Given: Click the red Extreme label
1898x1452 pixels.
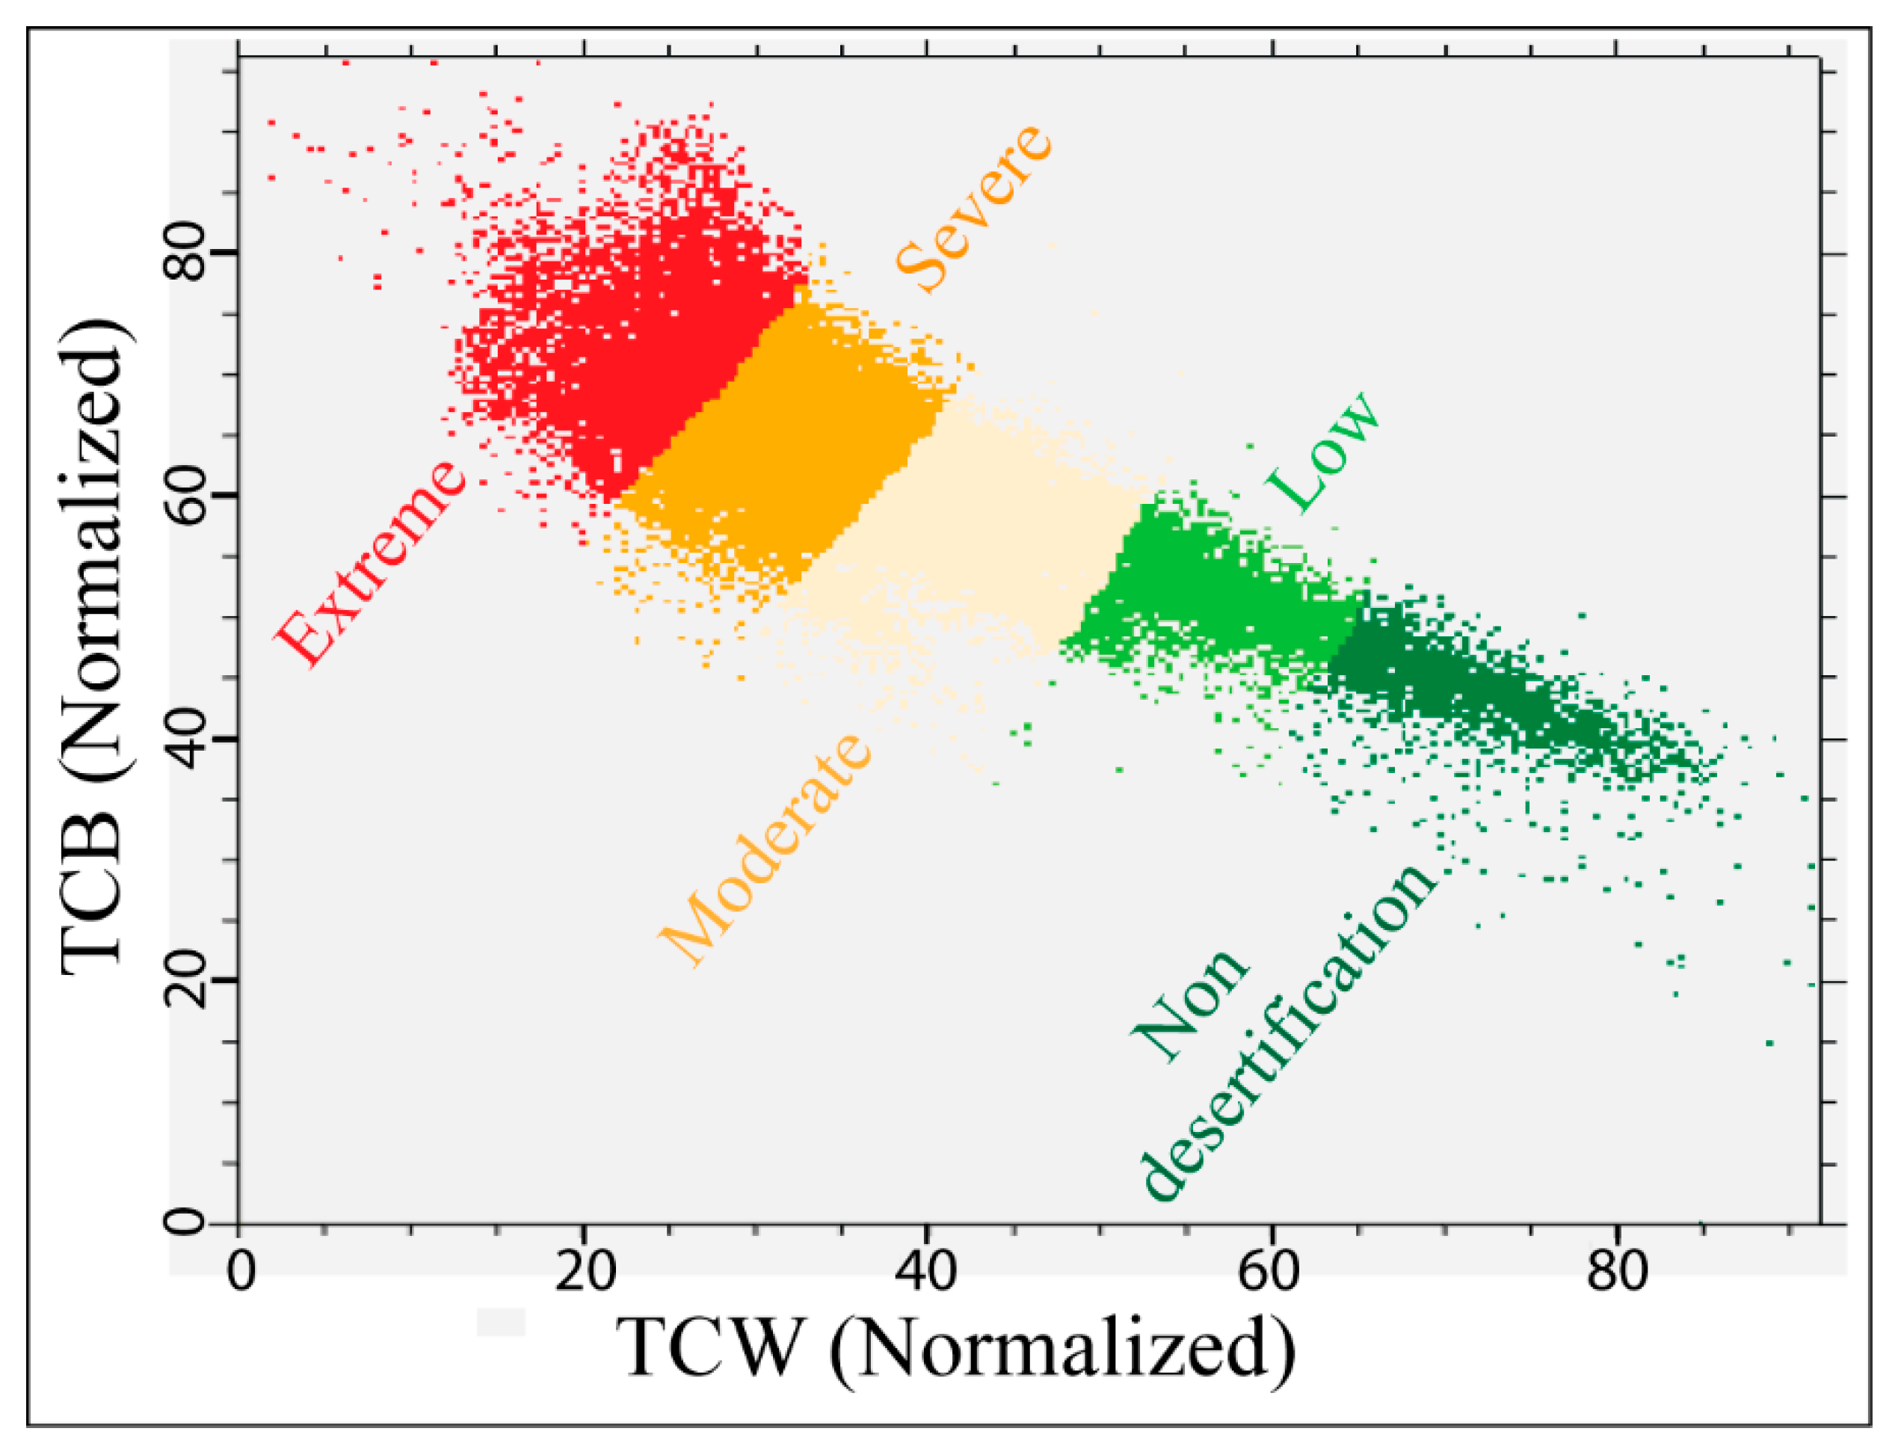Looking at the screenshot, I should [370, 564].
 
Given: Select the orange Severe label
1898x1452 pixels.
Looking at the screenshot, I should [973, 209].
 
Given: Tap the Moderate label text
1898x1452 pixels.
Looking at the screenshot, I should [765, 849].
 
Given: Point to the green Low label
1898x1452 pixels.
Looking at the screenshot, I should [1322, 453].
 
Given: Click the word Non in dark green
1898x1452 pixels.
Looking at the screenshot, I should [1191, 1007].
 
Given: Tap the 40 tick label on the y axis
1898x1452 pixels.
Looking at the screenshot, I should [185, 739].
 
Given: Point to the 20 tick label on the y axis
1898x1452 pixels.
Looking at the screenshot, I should [185, 982].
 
